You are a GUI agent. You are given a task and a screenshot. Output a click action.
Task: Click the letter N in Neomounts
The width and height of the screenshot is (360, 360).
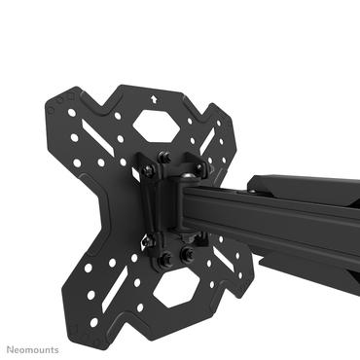(x=9, y=348)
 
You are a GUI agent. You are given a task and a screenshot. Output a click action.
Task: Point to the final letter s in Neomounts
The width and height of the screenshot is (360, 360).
(x=55, y=348)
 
